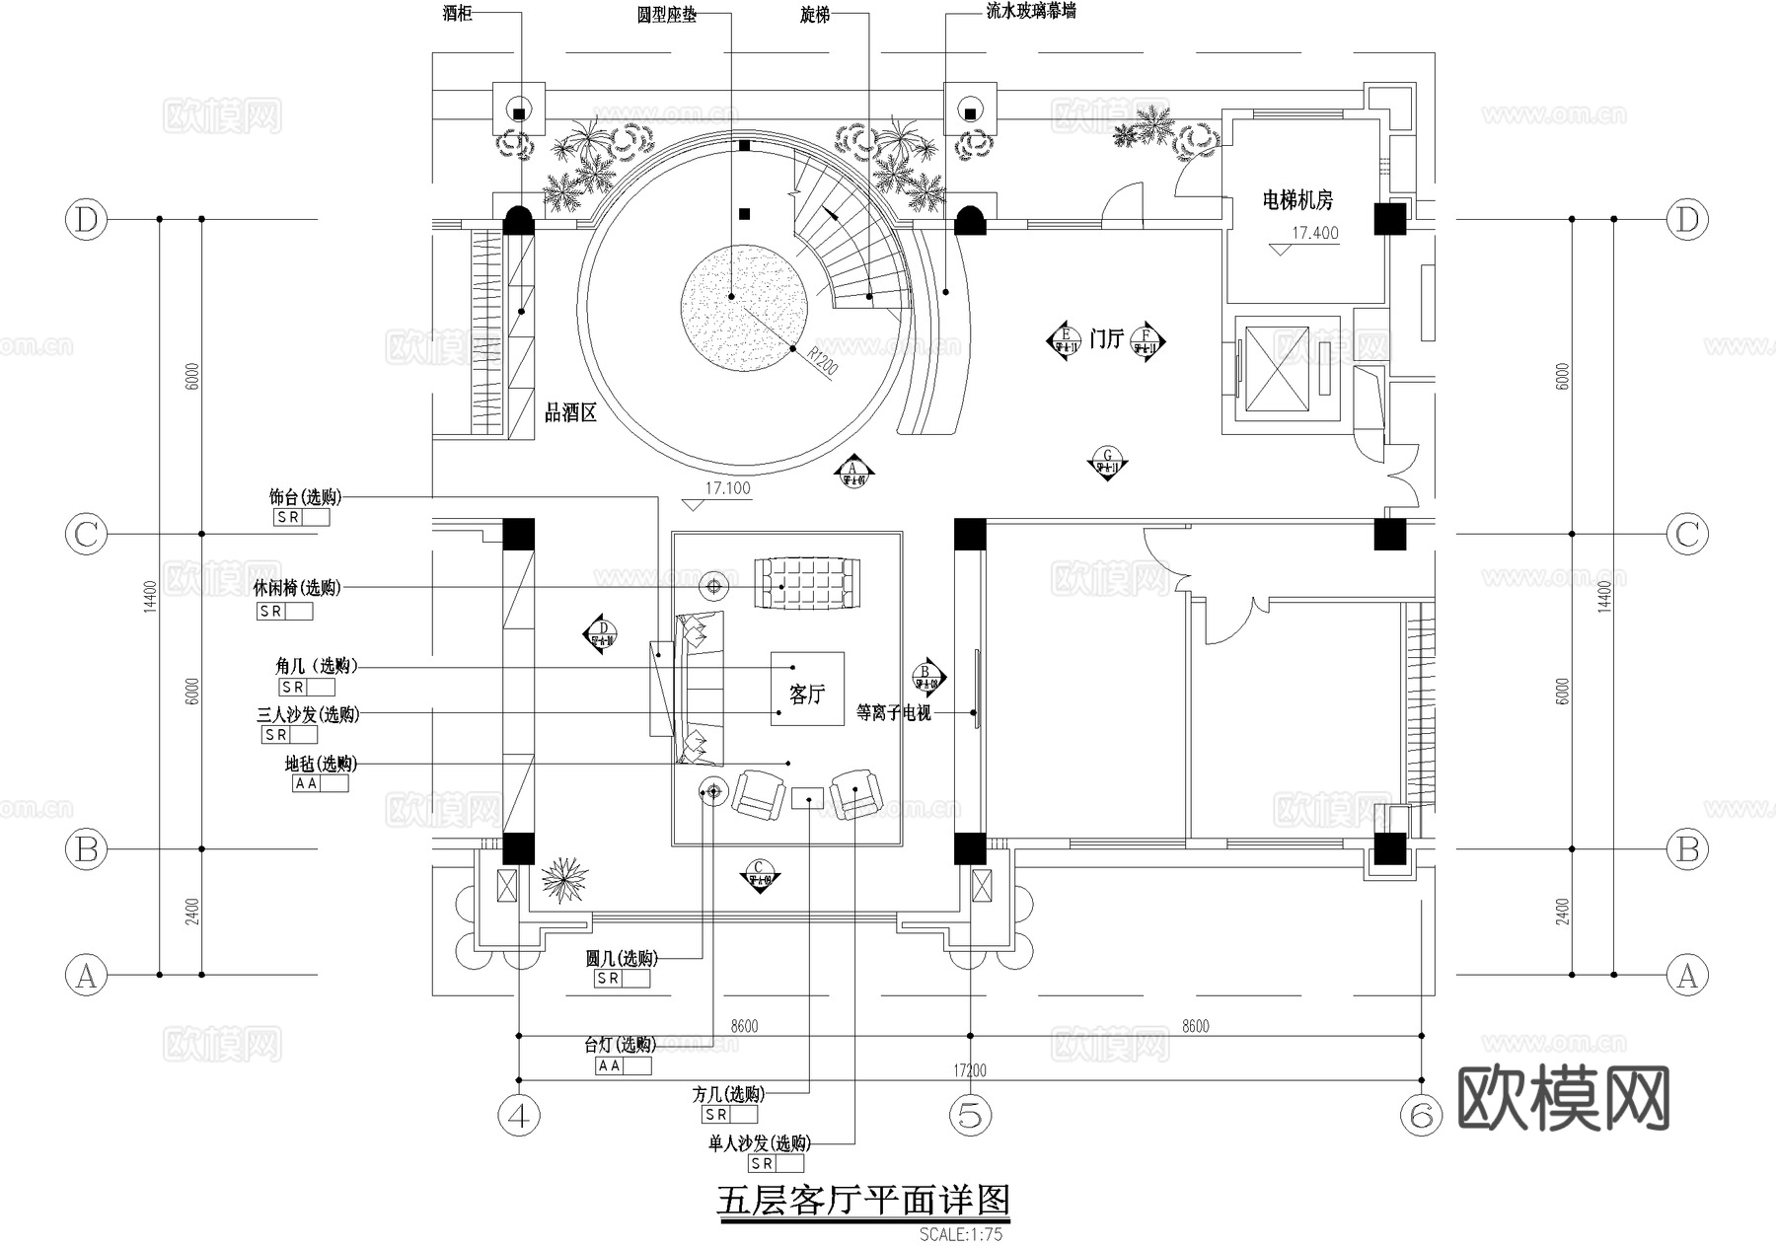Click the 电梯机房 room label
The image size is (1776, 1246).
point(1297,201)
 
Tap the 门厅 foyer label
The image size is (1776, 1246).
point(1106,339)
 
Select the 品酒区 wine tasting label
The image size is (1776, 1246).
point(571,413)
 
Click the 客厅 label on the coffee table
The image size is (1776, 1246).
point(806,695)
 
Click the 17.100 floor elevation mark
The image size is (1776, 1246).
point(727,488)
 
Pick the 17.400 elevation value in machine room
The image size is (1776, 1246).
point(1315,234)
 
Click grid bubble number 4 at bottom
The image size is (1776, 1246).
point(519,1116)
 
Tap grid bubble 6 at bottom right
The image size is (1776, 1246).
point(1421,1116)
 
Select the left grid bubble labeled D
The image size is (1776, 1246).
point(86,219)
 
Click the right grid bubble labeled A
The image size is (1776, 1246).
point(1687,976)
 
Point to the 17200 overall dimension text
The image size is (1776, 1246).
point(970,1070)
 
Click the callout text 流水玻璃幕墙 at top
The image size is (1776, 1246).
point(1030,12)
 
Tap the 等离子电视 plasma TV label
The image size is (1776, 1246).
point(894,712)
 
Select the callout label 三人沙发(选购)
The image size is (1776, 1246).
point(308,714)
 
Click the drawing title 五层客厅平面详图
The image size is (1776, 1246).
point(862,1201)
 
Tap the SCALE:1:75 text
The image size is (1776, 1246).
point(960,1234)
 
